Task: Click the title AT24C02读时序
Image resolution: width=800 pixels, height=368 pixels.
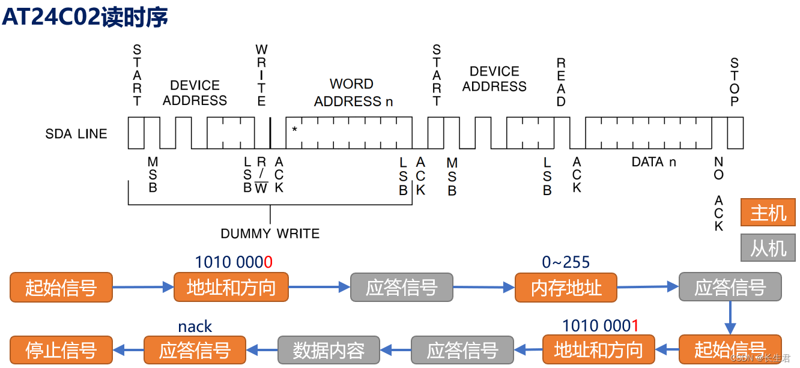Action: click(85, 17)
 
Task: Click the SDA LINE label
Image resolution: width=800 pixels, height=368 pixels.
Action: click(76, 134)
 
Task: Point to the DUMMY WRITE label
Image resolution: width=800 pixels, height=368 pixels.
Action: click(270, 234)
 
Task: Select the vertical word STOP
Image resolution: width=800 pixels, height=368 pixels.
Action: click(734, 82)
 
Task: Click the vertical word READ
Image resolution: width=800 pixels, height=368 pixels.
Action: click(561, 82)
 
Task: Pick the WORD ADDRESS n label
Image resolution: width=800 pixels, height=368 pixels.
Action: click(353, 93)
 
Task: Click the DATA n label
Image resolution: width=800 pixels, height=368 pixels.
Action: click(653, 162)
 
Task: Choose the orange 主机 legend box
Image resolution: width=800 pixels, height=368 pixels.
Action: click(768, 213)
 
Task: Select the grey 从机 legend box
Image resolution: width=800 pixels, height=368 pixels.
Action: click(768, 247)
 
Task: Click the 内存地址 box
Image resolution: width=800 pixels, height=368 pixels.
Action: click(566, 288)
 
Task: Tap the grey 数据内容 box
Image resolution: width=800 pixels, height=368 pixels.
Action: click(329, 350)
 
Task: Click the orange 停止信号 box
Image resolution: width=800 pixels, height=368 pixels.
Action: click(61, 350)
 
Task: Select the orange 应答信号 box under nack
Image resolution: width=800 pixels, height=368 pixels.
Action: click(195, 350)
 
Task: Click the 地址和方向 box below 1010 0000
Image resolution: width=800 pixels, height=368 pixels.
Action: click(231, 288)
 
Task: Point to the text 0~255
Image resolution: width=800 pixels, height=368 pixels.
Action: click(566, 262)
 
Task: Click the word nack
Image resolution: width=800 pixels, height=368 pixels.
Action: click(195, 327)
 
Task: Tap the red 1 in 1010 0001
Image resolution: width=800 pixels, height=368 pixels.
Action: click(634, 326)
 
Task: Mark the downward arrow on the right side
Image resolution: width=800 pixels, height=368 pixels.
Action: click(730, 318)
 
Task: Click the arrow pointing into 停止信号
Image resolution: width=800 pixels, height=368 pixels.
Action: click(128, 349)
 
